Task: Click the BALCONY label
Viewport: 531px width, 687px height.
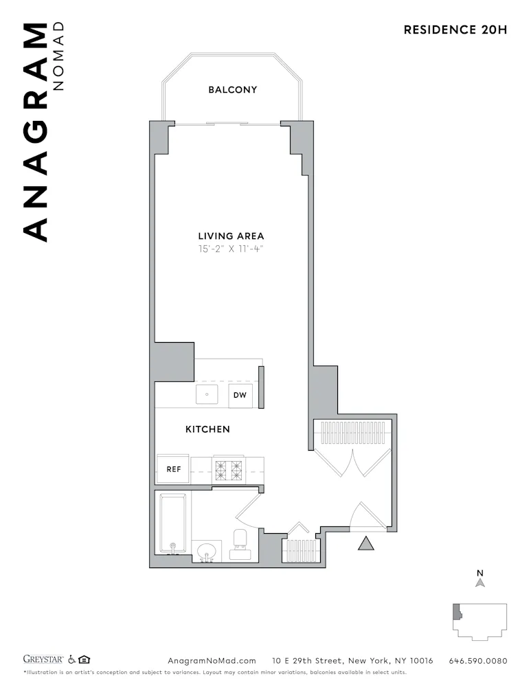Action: [x=233, y=90]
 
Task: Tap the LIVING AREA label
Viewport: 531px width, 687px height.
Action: [x=231, y=236]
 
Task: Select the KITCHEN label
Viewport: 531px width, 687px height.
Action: [x=207, y=429]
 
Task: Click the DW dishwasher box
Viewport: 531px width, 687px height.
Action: [x=240, y=395]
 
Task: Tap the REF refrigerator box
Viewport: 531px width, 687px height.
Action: [x=174, y=469]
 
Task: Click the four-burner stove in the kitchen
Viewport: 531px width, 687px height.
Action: [x=229, y=469]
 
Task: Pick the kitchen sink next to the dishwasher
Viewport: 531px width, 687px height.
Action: [x=207, y=395]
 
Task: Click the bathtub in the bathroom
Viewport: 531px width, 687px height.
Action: [x=172, y=524]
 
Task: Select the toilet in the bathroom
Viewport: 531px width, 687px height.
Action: [x=240, y=544]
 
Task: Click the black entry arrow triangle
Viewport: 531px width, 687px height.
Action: [x=367, y=543]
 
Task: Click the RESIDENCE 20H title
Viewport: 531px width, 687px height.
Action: [x=455, y=30]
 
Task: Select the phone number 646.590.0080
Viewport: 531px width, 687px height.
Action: [x=478, y=661]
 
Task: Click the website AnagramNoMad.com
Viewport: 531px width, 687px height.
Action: [x=212, y=661]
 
